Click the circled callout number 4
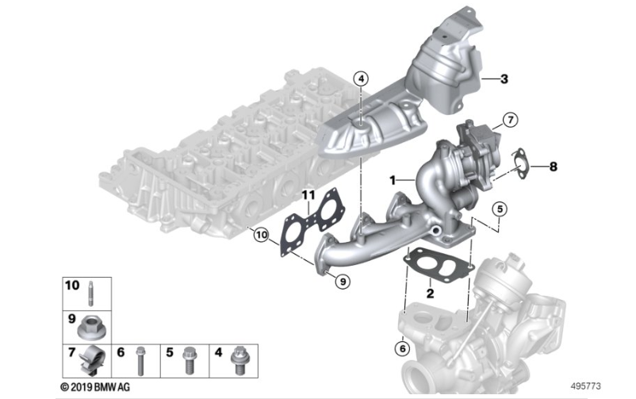click(361, 79)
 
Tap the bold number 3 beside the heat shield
click(504, 79)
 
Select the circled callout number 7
click(510, 120)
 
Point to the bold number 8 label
click(553, 167)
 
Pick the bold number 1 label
click(393, 180)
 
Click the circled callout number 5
click(500, 209)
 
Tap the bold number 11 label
click(308, 196)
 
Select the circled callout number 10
click(262, 235)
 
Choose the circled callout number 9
click(343, 281)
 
